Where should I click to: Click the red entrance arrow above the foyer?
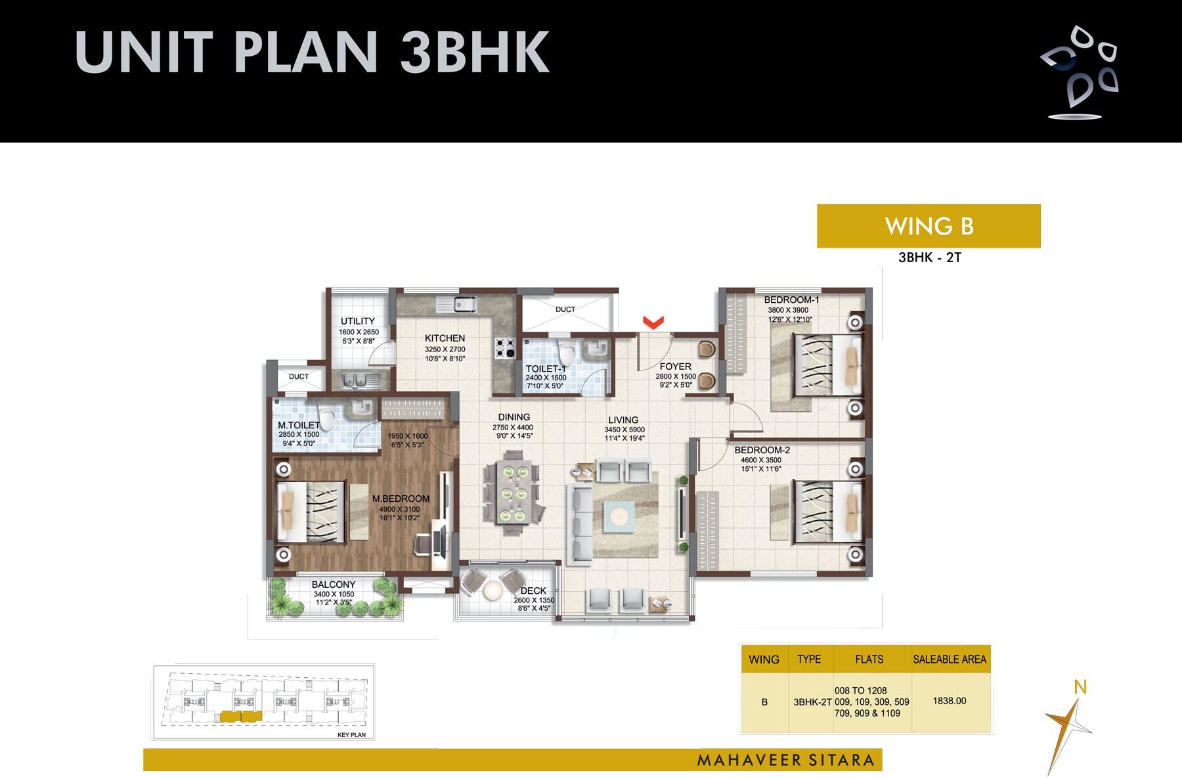click(653, 322)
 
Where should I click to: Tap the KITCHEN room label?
click(445, 338)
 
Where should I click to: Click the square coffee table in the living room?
click(619, 516)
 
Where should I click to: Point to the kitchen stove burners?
click(505, 348)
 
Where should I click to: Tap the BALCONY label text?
click(334, 584)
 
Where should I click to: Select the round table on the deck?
click(492, 590)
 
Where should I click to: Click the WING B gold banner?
click(929, 226)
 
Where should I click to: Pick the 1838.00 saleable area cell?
click(950, 701)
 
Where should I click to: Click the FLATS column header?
click(869, 659)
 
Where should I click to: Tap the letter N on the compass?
click(1080, 687)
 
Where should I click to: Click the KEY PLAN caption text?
click(351, 734)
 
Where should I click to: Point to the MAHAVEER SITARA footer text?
click(785, 760)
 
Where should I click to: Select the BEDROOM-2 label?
click(762, 450)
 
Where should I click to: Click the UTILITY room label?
click(358, 321)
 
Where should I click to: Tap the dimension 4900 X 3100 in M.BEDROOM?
click(399, 509)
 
